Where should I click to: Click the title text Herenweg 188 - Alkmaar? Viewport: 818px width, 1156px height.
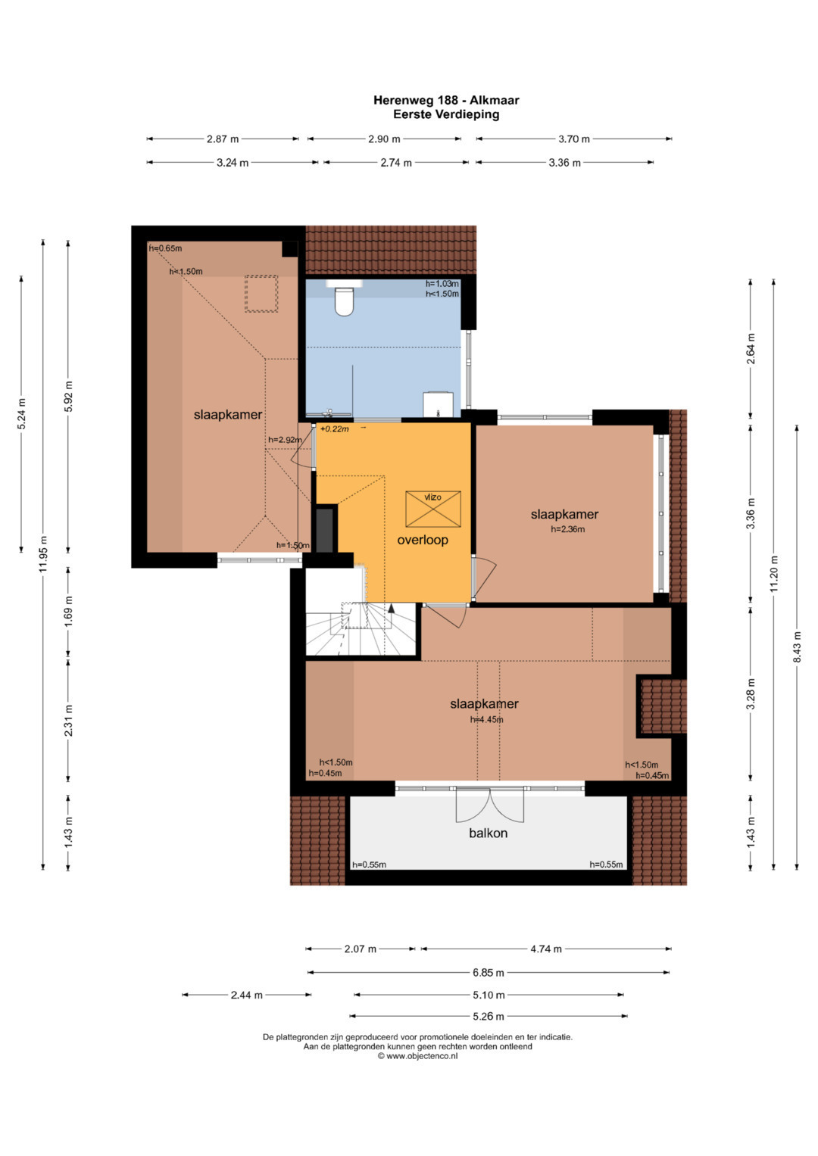pyautogui.click(x=446, y=100)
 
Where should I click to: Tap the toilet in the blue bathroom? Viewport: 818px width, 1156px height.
pyautogui.click(x=344, y=300)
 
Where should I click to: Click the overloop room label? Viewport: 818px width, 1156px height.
pyautogui.click(x=423, y=540)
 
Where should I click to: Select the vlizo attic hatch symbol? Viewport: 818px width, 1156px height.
pyautogui.click(x=432, y=509)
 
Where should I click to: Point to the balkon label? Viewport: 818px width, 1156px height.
pyautogui.click(x=488, y=833)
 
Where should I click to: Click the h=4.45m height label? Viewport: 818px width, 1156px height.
pyautogui.click(x=486, y=719)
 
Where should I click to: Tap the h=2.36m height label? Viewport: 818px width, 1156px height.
pyautogui.click(x=567, y=529)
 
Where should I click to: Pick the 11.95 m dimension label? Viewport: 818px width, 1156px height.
pyautogui.click(x=43, y=553)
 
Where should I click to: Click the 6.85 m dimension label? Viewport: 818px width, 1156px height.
pyautogui.click(x=488, y=973)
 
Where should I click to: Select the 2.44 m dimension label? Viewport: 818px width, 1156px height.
pyautogui.click(x=246, y=995)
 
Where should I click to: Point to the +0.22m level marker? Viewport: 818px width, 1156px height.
pyautogui.click(x=334, y=428)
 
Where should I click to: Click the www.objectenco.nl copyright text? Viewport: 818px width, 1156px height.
pyautogui.click(x=417, y=1056)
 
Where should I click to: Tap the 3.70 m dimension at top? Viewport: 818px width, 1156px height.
pyautogui.click(x=574, y=139)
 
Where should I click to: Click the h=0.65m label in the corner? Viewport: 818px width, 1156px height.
pyautogui.click(x=165, y=248)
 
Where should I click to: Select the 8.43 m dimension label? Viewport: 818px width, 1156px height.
pyautogui.click(x=798, y=647)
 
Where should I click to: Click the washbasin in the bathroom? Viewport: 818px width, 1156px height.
pyautogui.click(x=438, y=404)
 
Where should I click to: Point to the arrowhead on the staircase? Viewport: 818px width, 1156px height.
pyautogui.click(x=391, y=608)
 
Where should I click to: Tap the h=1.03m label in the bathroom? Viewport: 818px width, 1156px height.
pyautogui.click(x=442, y=283)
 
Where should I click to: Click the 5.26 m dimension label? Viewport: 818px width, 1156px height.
pyautogui.click(x=488, y=1016)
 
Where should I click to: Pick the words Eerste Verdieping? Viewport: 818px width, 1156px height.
pyautogui.click(x=446, y=114)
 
